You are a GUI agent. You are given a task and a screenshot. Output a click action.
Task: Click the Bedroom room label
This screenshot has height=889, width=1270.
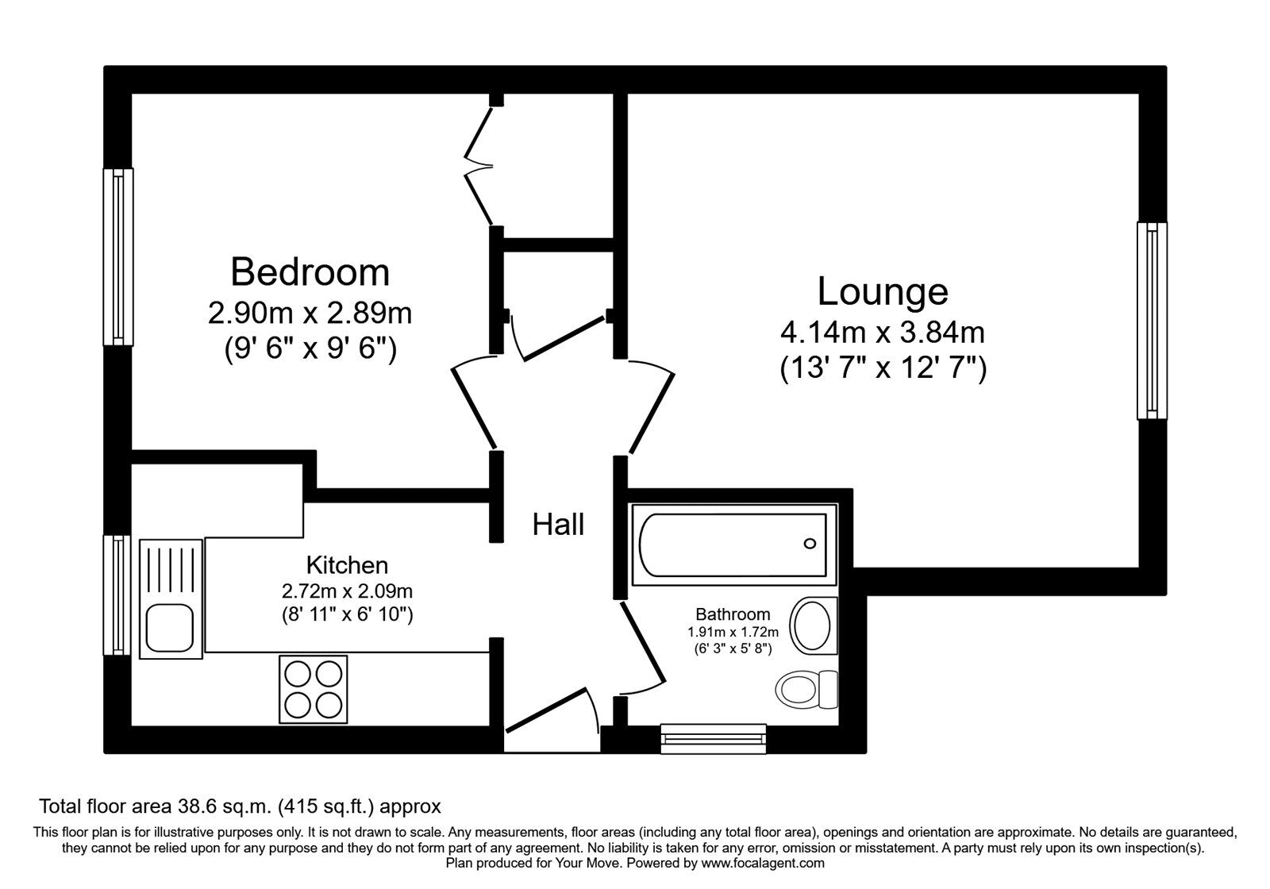(310, 272)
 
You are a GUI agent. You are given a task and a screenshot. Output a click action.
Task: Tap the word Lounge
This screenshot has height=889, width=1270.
(883, 291)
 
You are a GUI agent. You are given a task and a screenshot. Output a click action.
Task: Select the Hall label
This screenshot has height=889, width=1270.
(558, 525)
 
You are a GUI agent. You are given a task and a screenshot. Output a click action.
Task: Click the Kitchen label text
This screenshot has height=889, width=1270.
(347, 566)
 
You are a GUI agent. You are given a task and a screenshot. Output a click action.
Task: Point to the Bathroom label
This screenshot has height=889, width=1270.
(733, 614)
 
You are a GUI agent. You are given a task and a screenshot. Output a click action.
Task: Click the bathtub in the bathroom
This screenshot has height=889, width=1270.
(733, 545)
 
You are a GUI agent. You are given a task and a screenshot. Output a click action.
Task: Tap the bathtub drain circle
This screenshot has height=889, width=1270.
(810, 544)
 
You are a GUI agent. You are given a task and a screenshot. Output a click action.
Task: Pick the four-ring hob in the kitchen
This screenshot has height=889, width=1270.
(313, 688)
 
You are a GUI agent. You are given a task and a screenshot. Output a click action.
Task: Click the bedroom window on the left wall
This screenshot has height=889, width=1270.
(118, 256)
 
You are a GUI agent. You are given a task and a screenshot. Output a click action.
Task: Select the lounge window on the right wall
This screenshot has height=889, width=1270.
(1152, 320)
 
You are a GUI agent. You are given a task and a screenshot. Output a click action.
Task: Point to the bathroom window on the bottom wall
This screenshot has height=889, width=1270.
(714, 738)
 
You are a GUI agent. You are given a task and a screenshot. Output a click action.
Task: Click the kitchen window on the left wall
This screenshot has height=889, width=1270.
(118, 595)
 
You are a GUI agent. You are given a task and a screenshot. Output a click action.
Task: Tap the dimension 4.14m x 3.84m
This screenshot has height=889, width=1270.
(883, 332)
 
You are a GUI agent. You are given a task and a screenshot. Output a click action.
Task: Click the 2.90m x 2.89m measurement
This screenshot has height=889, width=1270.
(310, 314)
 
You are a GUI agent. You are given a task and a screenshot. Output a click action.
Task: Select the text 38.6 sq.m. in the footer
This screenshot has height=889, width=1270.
(225, 807)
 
